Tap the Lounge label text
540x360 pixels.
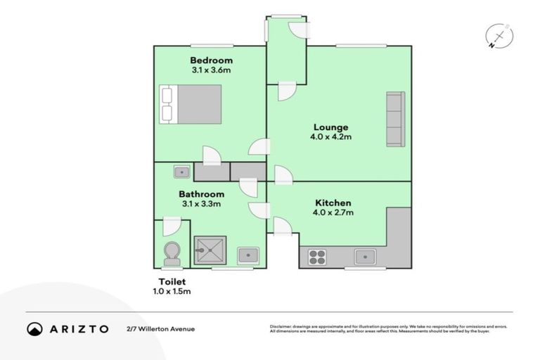click(x=330, y=127)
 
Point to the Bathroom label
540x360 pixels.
click(x=201, y=194)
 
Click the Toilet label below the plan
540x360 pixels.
click(x=172, y=281)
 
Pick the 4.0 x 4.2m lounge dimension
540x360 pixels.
click(x=330, y=136)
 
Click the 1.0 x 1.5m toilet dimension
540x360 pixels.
click(x=172, y=291)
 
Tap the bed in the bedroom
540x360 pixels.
click(x=191, y=104)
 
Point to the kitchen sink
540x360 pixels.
click(x=365, y=257)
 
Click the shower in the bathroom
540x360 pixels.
click(x=210, y=250)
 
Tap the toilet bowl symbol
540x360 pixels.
click(x=171, y=253)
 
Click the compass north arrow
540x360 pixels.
click(x=499, y=35)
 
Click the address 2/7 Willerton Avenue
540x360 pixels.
click(x=161, y=328)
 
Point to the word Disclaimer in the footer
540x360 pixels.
click(x=282, y=326)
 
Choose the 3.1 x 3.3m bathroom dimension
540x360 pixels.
click(x=201, y=204)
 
